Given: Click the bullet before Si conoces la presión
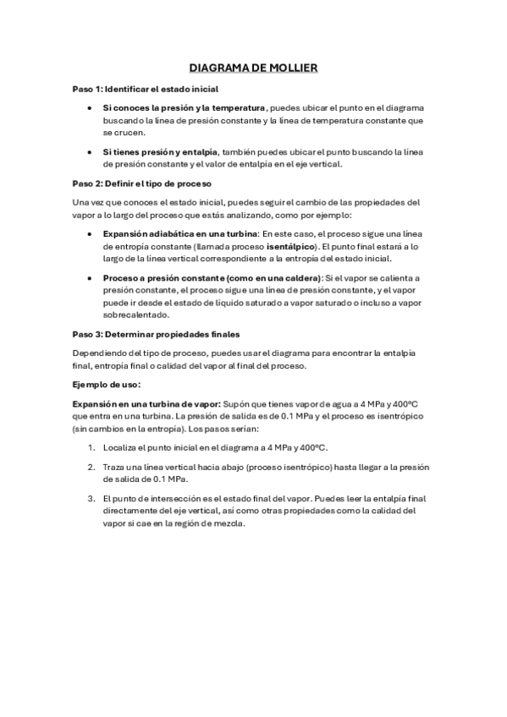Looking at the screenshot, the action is coord(90,109).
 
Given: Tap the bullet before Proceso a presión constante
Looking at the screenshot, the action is coord(90,278).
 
